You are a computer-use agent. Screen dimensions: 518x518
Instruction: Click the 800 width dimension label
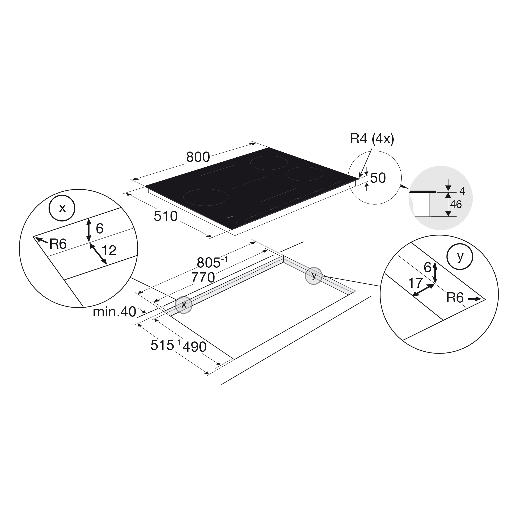point(198,157)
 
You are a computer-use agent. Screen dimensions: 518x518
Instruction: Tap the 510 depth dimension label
point(165,216)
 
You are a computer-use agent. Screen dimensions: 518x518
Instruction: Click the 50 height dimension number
point(378,178)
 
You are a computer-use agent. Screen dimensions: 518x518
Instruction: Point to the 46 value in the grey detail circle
point(456,205)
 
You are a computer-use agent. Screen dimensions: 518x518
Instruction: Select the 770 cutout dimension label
point(203,278)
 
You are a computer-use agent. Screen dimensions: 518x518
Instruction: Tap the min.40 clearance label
point(114,312)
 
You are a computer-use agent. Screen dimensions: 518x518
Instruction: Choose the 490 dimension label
point(194,347)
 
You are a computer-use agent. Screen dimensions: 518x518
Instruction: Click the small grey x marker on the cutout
point(184,305)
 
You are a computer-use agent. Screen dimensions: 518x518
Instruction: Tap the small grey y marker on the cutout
point(313,276)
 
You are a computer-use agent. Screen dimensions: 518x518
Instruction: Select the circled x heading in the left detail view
point(62,208)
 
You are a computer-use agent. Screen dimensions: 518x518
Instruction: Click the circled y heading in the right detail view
point(460,257)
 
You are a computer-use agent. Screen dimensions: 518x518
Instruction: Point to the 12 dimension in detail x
point(109,250)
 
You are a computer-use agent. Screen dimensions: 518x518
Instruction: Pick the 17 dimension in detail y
point(415,283)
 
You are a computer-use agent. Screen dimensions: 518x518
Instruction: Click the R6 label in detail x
point(58,244)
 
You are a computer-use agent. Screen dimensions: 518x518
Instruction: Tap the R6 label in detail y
point(455,298)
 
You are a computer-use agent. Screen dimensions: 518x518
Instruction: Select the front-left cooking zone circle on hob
point(206,197)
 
